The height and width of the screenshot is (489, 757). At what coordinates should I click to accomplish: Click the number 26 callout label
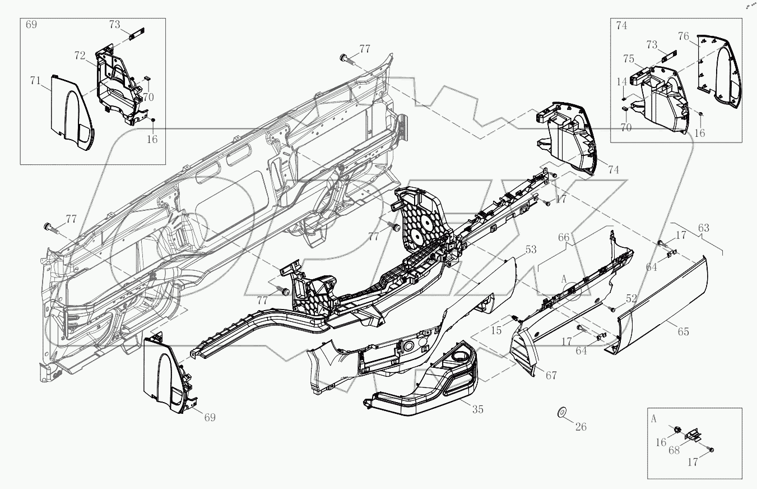click(x=580, y=427)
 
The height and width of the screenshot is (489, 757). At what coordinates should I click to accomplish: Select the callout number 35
click(x=477, y=409)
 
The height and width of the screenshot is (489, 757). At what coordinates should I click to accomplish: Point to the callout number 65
click(x=683, y=331)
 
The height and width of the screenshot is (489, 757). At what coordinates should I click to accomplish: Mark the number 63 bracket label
click(x=703, y=228)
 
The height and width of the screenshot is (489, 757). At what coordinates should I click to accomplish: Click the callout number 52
click(x=631, y=299)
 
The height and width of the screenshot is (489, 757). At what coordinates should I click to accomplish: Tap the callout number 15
click(x=496, y=331)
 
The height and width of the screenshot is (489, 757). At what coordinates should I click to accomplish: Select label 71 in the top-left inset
click(x=36, y=82)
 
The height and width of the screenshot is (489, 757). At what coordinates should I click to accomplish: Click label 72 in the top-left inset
click(x=80, y=56)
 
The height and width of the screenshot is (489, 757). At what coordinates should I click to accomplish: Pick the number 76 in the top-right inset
click(x=684, y=37)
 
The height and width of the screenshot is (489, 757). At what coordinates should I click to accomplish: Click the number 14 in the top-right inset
click(x=623, y=82)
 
